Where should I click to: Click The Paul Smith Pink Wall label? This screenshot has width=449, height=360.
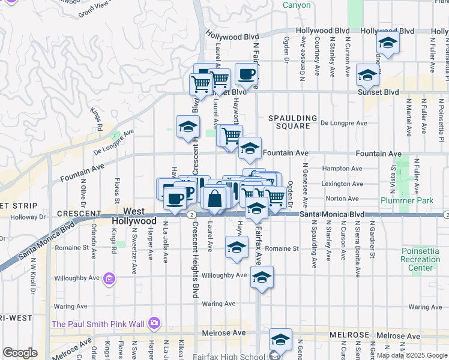coord(98,324)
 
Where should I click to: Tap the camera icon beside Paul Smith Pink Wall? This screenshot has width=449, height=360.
coord(155,324)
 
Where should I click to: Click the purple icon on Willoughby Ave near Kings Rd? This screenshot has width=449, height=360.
coord(109,278)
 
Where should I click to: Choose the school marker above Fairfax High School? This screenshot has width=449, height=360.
coord(280,340)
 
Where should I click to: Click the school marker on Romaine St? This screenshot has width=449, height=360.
coord(237,247)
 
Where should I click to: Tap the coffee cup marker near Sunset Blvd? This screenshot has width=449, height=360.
coord(246,74)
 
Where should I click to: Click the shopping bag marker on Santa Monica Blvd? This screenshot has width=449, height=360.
coord(214,198)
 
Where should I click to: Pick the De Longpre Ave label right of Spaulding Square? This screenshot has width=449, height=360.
coord(343,123)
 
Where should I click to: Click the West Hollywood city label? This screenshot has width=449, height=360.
coord(134,216)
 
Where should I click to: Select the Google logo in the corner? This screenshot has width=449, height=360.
coord(20,353)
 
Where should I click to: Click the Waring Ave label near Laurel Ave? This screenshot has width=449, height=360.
coord(218,304)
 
